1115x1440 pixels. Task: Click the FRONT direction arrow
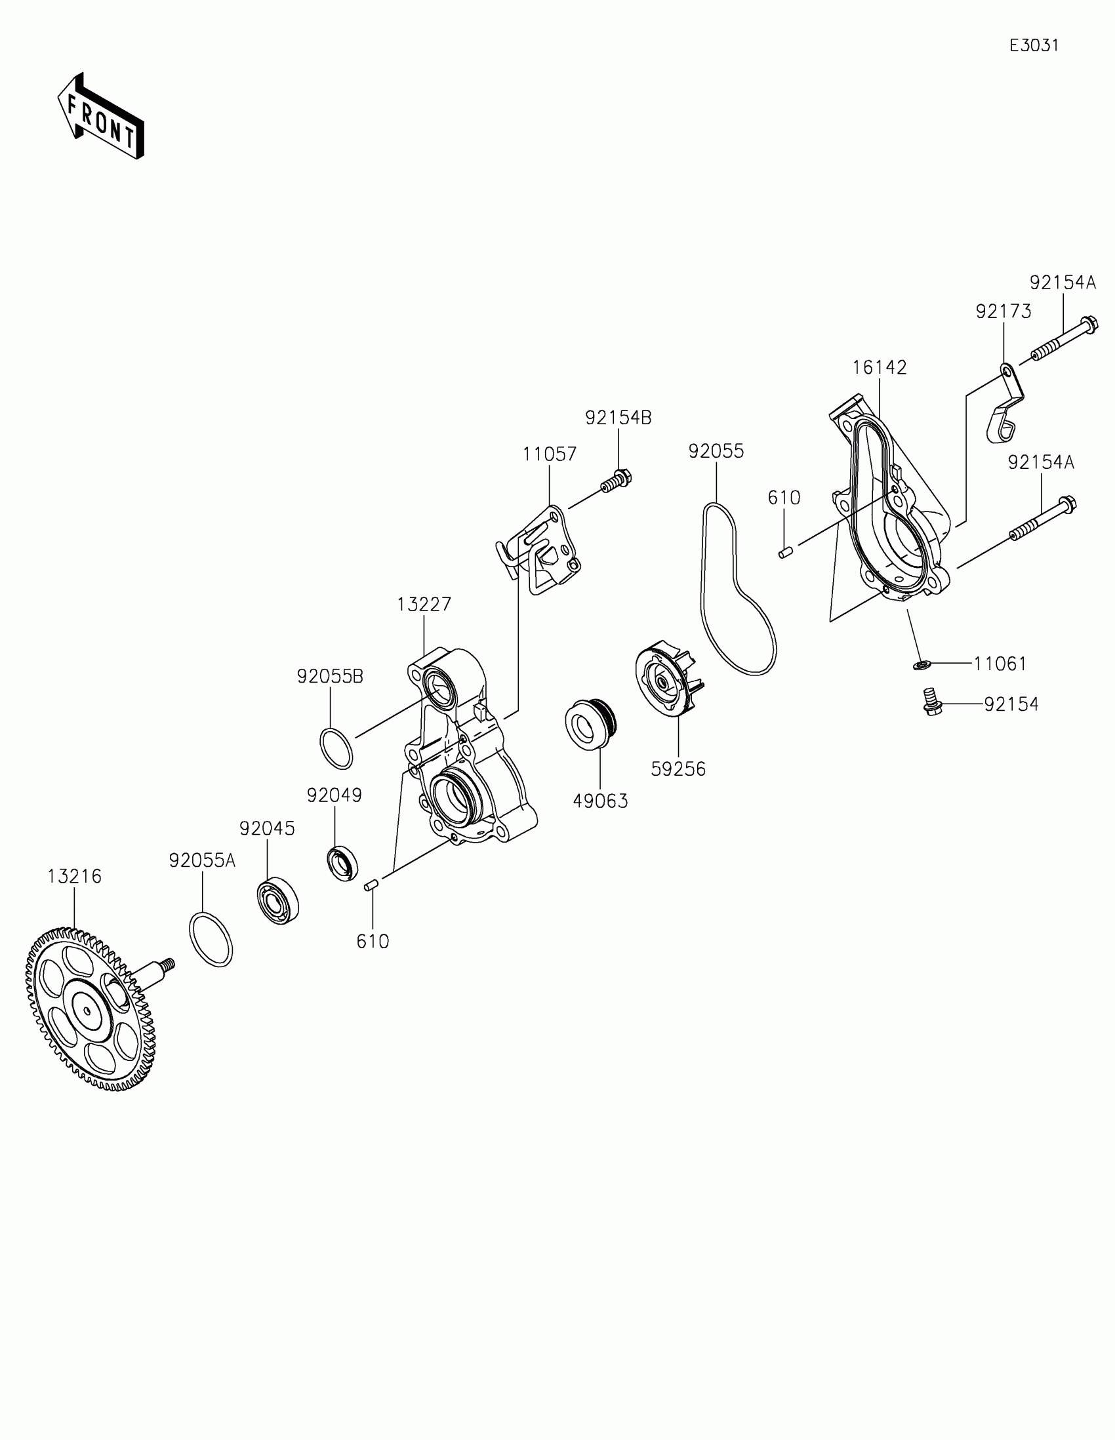coord(101,117)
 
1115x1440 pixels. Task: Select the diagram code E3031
coord(1033,45)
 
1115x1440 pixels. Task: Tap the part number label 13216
coord(74,876)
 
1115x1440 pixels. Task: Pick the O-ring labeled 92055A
coord(211,939)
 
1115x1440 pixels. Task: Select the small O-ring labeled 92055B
coord(336,748)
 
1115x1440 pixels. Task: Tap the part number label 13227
coord(424,604)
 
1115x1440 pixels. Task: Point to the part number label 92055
coord(716,451)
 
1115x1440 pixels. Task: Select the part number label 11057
coord(549,454)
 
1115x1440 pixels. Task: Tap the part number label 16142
coord(880,367)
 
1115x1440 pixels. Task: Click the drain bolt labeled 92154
coord(931,703)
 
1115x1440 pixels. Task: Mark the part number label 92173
coord(1003,311)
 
